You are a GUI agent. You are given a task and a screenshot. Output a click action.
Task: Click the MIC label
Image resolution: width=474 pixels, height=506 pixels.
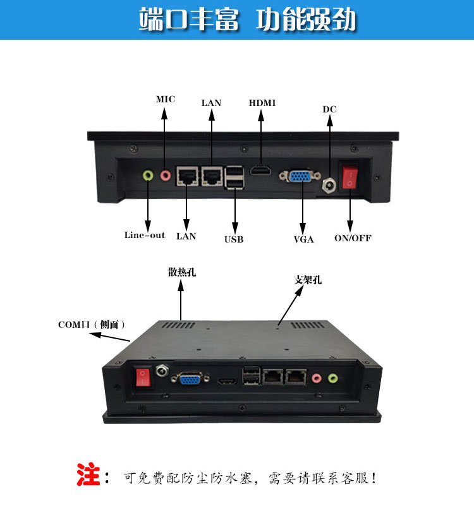(166, 99)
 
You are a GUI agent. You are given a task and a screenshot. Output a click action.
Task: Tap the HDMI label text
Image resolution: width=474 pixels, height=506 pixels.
(262, 103)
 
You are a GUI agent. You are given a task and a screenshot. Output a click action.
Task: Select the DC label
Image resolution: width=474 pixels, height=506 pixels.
(329, 109)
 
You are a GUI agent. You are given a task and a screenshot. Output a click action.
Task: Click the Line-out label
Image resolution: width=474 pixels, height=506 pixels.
(145, 235)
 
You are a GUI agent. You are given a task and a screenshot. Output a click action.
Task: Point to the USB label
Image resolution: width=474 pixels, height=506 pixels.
(234, 239)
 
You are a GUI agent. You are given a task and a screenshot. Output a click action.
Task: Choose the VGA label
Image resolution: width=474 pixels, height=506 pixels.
(303, 239)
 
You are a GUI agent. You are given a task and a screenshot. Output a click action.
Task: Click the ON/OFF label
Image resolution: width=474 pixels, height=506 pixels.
(353, 238)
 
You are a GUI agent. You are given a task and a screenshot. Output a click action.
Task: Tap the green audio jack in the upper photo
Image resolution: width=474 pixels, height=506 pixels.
(148, 176)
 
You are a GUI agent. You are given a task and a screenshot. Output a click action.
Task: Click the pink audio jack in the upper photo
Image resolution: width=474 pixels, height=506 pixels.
(166, 176)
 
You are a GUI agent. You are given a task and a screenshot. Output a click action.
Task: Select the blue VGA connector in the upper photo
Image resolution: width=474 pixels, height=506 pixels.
(300, 176)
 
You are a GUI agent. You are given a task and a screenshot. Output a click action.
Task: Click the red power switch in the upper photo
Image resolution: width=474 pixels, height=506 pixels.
(350, 177)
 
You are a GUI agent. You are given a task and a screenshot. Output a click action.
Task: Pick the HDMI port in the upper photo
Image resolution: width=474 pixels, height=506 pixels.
(261, 170)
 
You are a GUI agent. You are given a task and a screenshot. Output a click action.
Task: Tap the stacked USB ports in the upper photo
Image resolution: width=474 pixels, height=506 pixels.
(234, 178)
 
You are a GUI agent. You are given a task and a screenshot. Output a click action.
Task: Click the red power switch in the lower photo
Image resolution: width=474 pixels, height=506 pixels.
(143, 377)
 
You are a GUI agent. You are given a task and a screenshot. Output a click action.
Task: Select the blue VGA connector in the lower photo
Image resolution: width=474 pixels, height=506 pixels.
(190, 378)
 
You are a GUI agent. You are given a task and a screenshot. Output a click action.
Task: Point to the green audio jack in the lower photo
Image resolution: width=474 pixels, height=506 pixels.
(333, 378)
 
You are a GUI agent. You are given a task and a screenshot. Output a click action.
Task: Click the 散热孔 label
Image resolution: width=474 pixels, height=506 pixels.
(182, 272)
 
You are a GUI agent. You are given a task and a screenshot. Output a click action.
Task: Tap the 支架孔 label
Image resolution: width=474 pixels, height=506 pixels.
(308, 280)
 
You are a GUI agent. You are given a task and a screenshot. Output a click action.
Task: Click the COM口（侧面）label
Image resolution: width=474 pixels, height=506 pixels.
(92, 324)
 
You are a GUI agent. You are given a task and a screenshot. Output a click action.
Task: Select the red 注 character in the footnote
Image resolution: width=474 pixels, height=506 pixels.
(88, 474)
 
